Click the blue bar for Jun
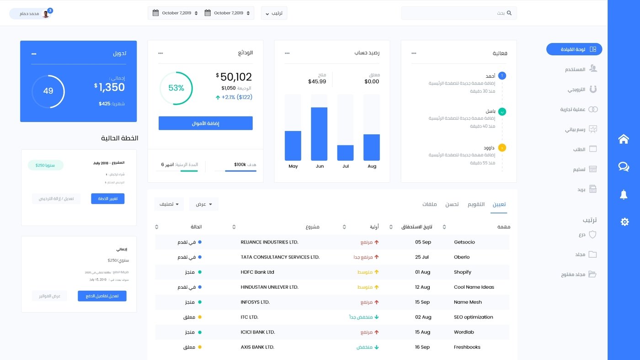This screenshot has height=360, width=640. (319, 134)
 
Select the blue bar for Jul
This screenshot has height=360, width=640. (346, 153)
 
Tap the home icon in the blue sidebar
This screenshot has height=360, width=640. (624, 139)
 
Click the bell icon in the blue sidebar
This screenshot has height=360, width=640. (624, 195)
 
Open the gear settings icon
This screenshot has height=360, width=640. (624, 222)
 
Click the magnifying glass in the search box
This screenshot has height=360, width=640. (509, 13)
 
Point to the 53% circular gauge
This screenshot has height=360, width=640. (176, 88)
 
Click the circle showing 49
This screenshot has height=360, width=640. (48, 91)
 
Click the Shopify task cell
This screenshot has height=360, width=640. (462, 272)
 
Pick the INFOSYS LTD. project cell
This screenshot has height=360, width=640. (255, 302)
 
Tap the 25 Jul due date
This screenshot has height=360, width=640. (422, 257)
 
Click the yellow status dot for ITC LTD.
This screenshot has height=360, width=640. (200, 317)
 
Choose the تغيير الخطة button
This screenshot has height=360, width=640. (107, 199)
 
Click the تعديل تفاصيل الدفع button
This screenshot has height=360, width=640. (102, 296)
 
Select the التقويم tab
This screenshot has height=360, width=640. (476, 204)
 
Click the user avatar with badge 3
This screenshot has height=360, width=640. (46, 14)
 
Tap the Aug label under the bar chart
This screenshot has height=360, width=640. (372, 166)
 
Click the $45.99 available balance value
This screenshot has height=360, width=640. (317, 82)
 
